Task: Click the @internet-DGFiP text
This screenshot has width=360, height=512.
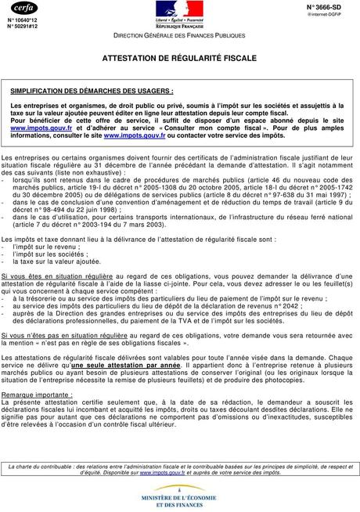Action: click(x=334, y=13)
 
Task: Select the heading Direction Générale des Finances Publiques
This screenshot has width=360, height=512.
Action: click(x=178, y=37)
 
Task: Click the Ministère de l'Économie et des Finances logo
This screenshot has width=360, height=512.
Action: click(x=179, y=495)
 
